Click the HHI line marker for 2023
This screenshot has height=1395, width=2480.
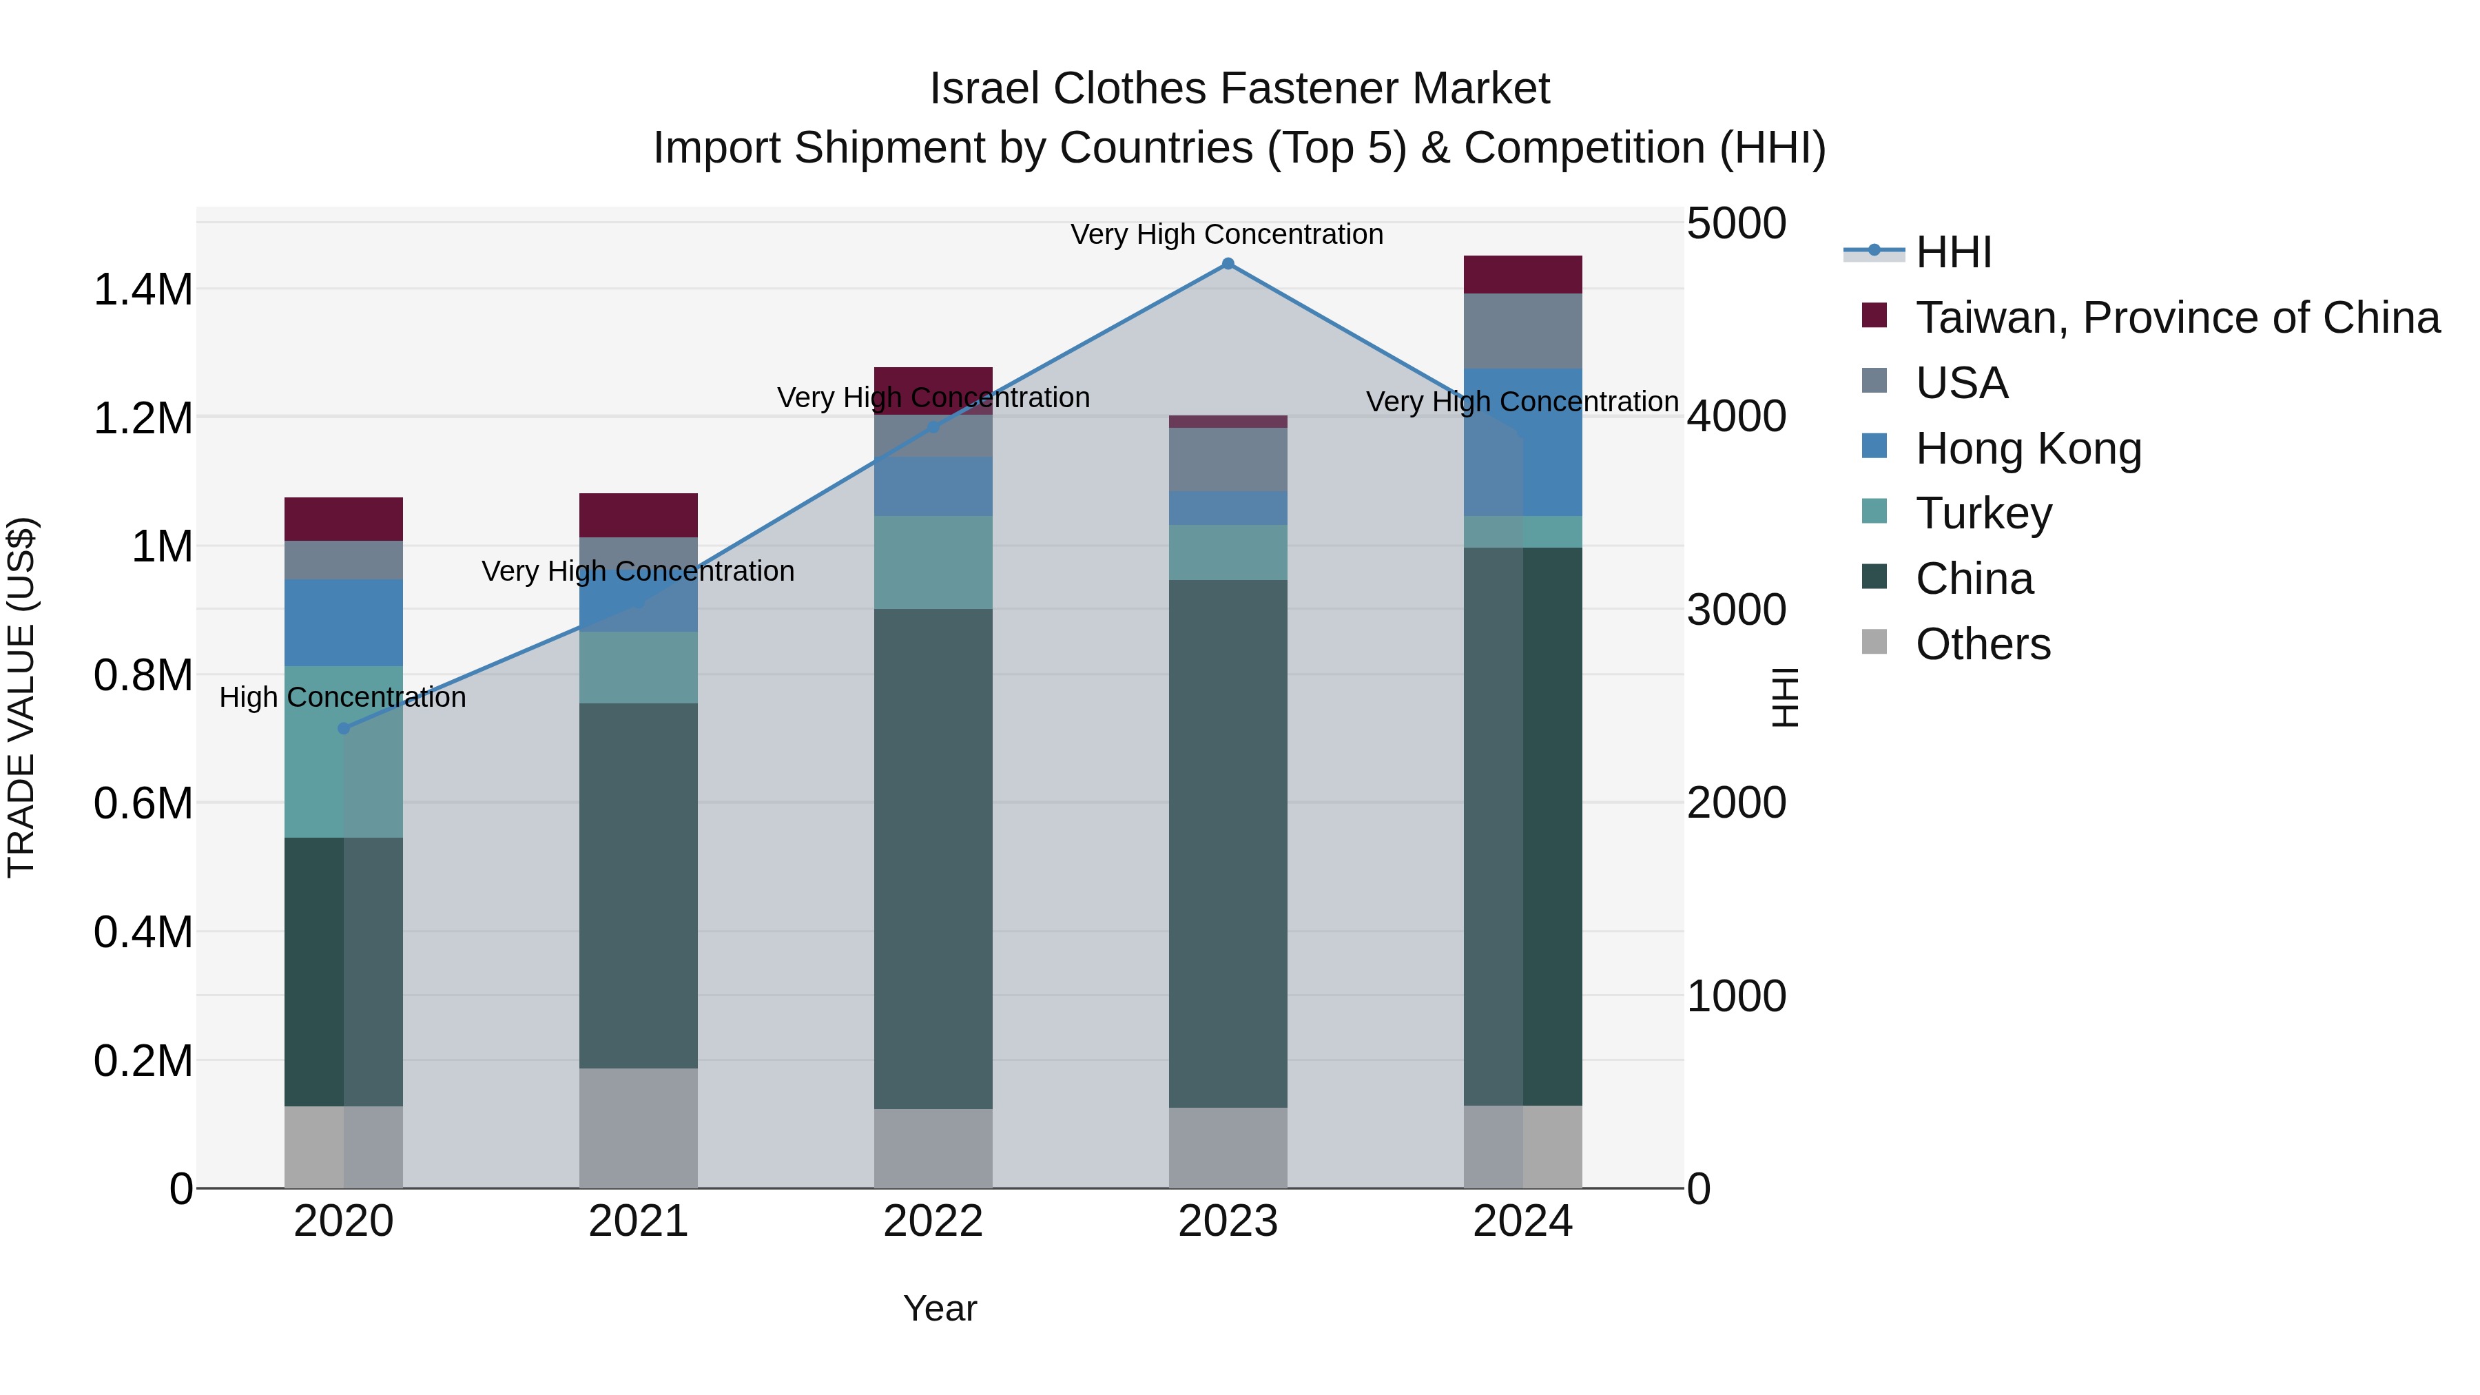coord(1228,264)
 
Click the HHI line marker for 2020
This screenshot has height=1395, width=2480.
coord(344,729)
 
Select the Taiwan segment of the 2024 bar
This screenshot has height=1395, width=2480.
coord(1522,274)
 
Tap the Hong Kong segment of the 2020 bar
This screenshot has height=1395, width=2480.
coord(344,623)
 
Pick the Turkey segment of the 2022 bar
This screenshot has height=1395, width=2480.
coord(933,562)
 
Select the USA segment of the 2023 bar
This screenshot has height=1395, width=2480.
coord(1228,459)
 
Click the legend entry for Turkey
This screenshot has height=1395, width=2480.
coord(1983,513)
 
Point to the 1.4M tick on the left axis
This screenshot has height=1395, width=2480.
coord(143,290)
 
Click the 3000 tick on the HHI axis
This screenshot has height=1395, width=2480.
coord(1736,610)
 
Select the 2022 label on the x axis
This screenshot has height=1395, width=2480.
coord(933,1221)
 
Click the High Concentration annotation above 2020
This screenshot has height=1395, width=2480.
coord(343,697)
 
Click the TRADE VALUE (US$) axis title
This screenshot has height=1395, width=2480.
coord(21,697)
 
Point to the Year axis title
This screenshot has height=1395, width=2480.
coord(940,1308)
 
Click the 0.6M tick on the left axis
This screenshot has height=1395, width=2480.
coord(143,804)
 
